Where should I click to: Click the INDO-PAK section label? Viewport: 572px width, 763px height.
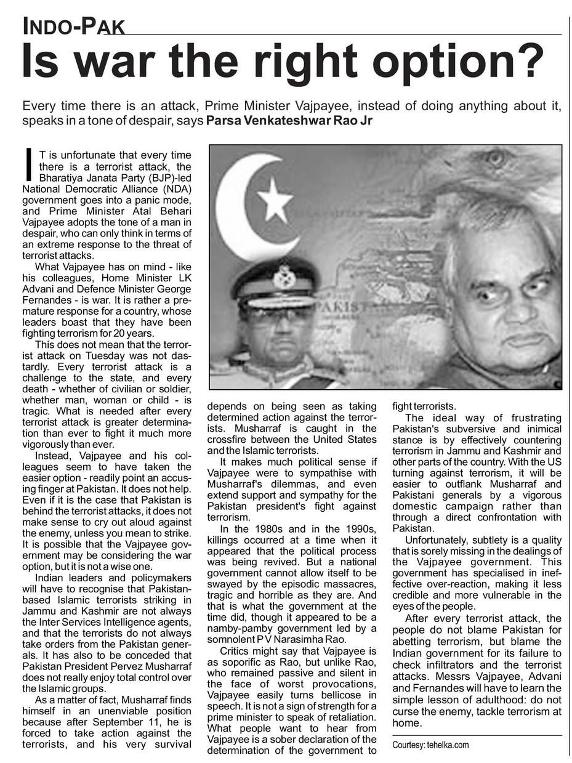tap(74, 26)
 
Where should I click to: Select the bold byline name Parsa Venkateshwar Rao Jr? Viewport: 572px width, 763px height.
tap(289, 120)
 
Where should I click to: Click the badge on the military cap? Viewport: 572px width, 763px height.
tap(284, 277)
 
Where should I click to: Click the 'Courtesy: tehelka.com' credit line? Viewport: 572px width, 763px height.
tap(430, 745)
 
